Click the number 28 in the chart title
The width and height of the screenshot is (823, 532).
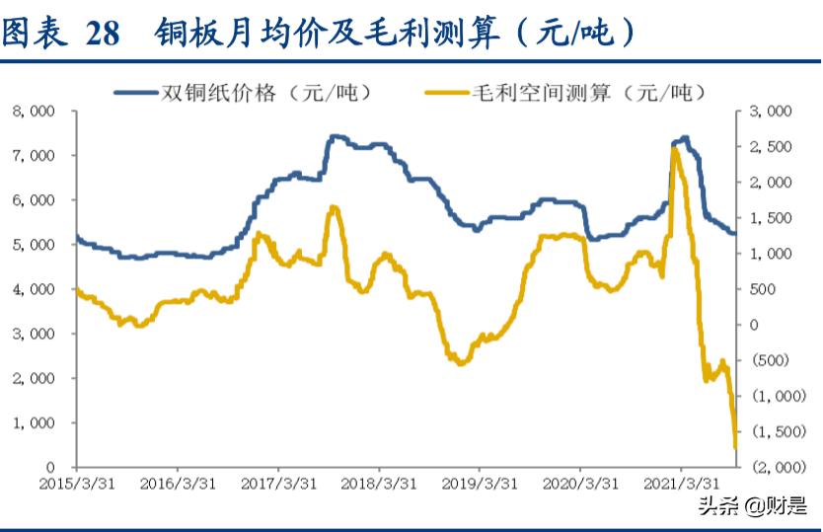pos(102,33)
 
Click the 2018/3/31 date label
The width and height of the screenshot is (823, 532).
pos(377,485)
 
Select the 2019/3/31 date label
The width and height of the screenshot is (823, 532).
pos(479,485)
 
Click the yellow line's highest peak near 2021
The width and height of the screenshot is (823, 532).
pos(674,148)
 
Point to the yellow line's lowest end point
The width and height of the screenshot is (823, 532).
pos(735,447)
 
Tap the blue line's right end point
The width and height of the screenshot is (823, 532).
pos(734,233)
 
